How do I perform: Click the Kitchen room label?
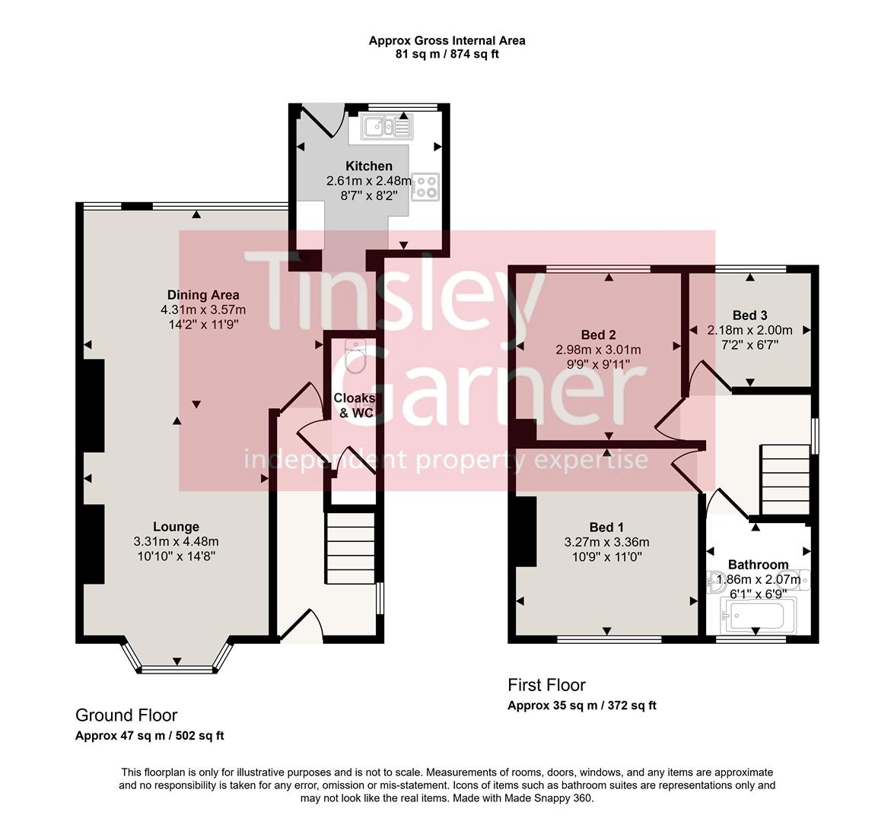[369, 166]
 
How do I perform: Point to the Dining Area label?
[203, 295]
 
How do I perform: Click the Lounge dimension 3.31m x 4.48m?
[176, 541]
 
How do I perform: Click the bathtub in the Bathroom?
[757, 616]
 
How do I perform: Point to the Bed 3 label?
[749, 315]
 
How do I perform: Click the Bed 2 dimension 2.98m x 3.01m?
[598, 350]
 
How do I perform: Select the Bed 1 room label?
[606, 528]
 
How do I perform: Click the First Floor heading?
[546, 685]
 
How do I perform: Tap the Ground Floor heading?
[126, 715]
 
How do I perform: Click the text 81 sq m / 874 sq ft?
[447, 54]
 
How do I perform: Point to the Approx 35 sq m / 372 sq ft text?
[582, 705]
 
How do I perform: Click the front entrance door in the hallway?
[303, 623]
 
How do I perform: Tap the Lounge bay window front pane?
[177, 670]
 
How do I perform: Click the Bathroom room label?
[758, 565]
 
